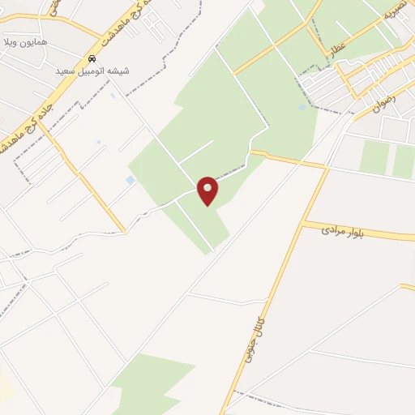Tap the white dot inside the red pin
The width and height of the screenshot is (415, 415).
click(x=208, y=188)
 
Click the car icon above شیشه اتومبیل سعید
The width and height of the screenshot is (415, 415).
click(x=93, y=59)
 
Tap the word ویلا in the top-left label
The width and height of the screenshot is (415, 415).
click(x=10, y=41)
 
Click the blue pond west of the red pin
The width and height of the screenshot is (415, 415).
click(x=130, y=180)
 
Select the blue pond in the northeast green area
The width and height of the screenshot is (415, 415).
click(x=302, y=106)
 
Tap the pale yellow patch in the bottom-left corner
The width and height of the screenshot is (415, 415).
click(x=4, y=389)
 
